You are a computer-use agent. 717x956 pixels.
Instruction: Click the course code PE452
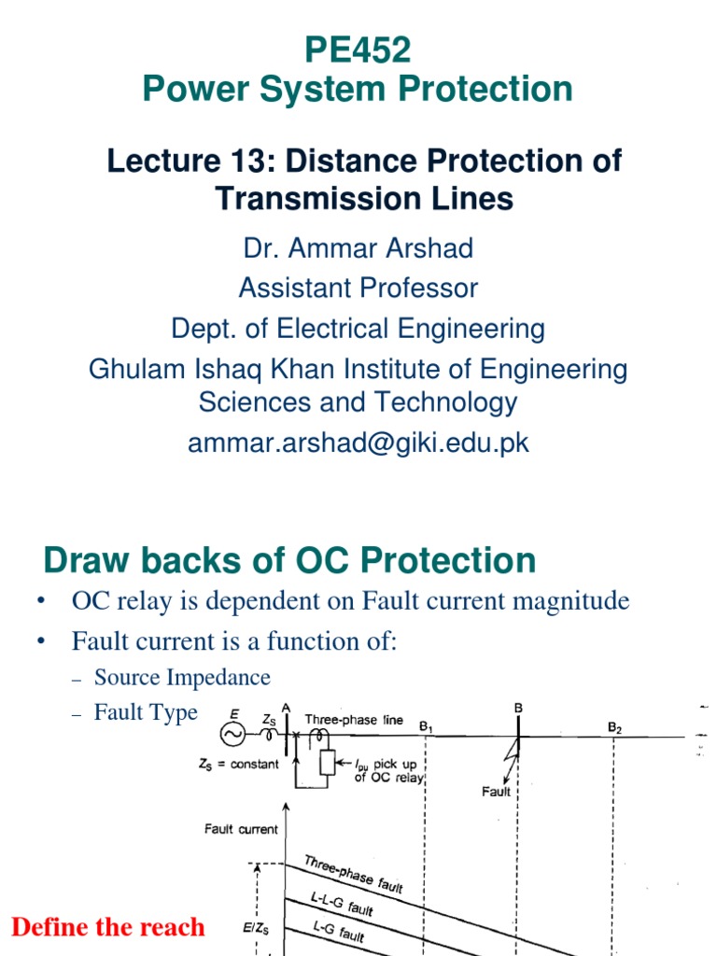point(358,50)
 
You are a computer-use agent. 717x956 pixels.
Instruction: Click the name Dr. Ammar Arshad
point(358,248)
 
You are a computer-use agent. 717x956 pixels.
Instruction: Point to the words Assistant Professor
point(358,288)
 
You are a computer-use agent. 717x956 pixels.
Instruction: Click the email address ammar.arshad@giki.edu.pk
point(358,443)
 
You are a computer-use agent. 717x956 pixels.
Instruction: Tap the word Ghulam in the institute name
point(134,369)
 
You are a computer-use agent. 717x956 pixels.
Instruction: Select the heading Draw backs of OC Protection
point(289,560)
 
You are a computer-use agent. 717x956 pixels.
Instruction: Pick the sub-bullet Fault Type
point(146,713)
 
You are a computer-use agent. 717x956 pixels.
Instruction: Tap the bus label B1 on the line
point(427,725)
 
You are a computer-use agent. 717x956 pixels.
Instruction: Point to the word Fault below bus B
point(497,792)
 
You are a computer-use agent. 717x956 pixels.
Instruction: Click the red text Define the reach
point(107,927)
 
